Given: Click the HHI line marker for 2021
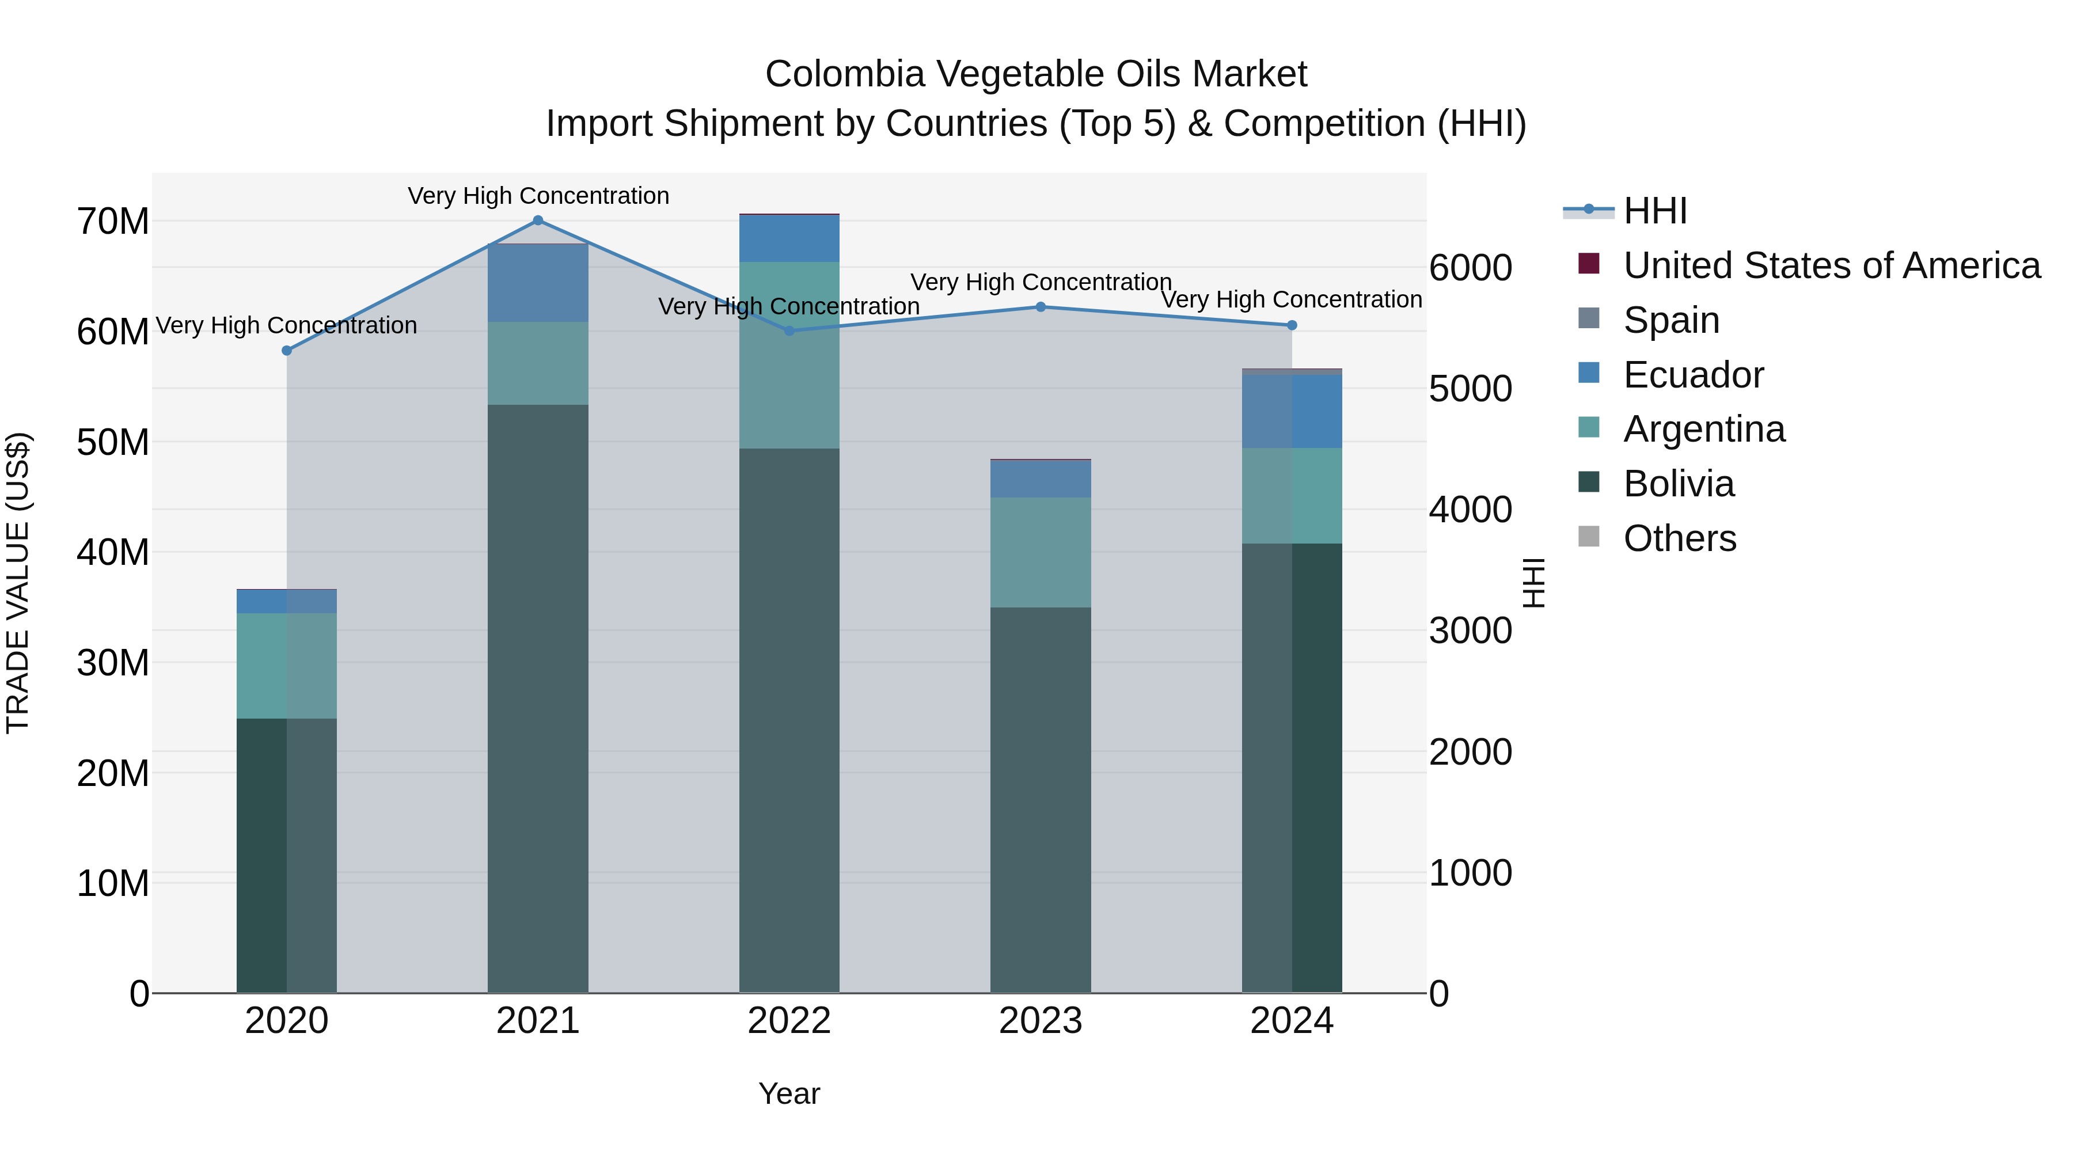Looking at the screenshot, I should coord(538,221).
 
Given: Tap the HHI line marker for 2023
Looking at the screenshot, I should coord(1041,306).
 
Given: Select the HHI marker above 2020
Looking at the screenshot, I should coord(287,351).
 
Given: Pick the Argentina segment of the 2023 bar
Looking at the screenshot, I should coord(1041,552).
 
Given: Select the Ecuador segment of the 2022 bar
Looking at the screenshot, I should coord(789,238).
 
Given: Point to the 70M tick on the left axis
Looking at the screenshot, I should coord(113,221).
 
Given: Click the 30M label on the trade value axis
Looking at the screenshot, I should coord(113,663).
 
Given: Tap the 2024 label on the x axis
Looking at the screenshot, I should coord(1292,1021).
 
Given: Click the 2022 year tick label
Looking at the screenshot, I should coord(789,1021).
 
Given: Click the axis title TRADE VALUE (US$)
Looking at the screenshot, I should coord(18,583).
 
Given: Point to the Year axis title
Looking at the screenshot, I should coord(789,1093).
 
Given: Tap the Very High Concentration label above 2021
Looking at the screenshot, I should coord(538,196).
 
